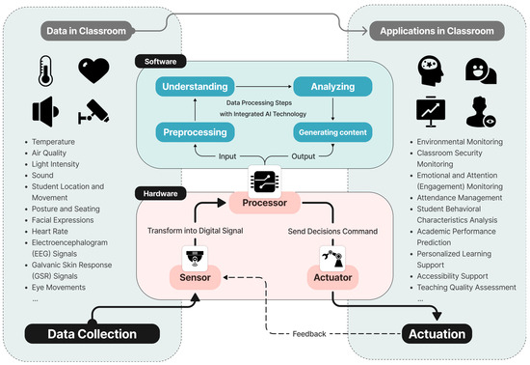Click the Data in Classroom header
pyautogui.click(x=86, y=31)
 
